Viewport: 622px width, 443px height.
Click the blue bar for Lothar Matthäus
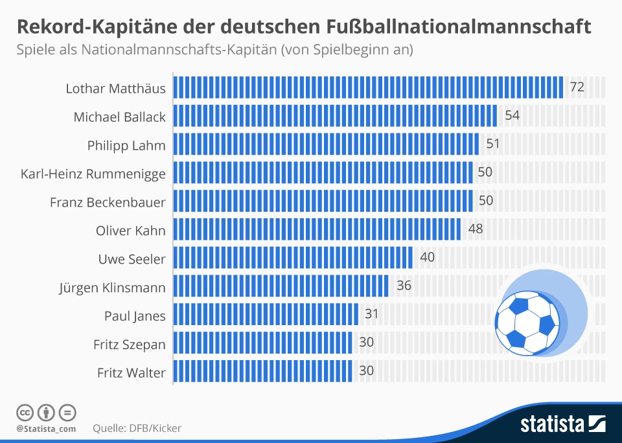tap(369, 87)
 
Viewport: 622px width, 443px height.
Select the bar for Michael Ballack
tap(336, 116)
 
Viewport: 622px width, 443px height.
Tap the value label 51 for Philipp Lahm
tap(493, 144)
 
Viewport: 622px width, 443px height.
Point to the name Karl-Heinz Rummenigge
tap(93, 173)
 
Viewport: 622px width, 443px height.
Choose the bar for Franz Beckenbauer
tap(324, 201)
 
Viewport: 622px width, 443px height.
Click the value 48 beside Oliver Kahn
tap(476, 229)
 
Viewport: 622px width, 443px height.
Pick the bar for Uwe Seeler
tap(294, 257)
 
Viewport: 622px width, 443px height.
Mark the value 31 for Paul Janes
tap(372, 314)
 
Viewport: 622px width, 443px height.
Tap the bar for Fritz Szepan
tap(263, 343)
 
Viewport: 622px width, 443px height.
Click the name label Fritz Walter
tap(132, 373)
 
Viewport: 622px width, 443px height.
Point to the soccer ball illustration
tap(527, 323)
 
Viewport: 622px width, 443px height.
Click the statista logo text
tap(552, 425)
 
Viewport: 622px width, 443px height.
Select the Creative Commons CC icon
tap(25, 412)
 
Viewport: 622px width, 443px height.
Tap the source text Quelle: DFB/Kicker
tap(137, 428)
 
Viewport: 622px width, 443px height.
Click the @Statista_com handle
tap(46, 428)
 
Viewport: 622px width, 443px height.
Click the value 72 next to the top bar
tap(577, 87)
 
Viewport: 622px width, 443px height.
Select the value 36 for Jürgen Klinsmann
tap(404, 285)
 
